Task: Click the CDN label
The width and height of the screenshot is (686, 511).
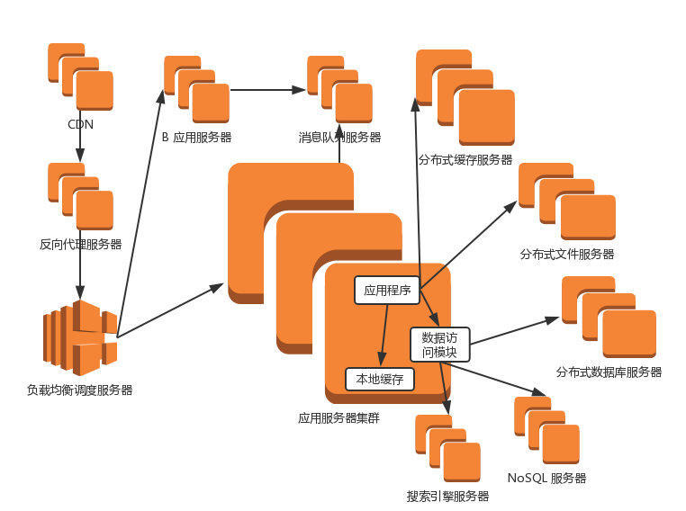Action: (x=80, y=124)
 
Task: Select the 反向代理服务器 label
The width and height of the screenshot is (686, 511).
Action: (x=80, y=244)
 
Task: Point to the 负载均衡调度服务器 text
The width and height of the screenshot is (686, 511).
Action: (x=80, y=390)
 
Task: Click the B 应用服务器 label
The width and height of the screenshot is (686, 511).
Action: (x=196, y=138)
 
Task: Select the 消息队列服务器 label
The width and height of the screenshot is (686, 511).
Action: (x=339, y=138)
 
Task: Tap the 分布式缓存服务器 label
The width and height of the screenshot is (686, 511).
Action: (x=465, y=160)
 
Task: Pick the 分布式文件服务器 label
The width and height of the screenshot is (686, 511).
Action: (x=567, y=255)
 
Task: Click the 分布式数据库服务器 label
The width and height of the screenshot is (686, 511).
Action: (x=609, y=372)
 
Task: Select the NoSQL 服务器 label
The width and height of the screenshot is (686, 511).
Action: (x=546, y=478)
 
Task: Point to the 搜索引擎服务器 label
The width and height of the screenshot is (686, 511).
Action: (x=447, y=496)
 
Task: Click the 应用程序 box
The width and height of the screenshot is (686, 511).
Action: (x=387, y=290)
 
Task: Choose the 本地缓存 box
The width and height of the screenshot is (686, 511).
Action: (x=380, y=379)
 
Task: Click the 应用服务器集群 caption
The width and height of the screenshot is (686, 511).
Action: (x=338, y=418)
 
